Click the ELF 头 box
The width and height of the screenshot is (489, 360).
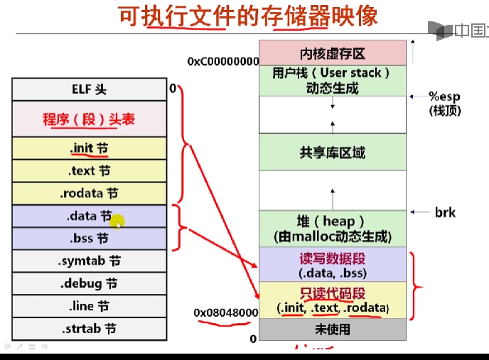click(90, 89)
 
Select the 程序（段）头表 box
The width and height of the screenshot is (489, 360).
click(90, 119)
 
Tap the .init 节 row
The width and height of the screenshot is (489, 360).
click(90, 148)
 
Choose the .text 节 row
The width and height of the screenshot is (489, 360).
click(90, 171)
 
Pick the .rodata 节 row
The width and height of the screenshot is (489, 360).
click(90, 193)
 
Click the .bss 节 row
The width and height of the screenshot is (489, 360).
click(90, 239)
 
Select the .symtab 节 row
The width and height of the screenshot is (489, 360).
click(90, 261)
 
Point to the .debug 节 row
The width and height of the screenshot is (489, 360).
click(90, 284)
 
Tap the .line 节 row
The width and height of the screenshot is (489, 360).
click(90, 307)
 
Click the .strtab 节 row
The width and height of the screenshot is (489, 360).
click(90, 329)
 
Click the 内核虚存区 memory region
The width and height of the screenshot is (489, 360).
click(333, 53)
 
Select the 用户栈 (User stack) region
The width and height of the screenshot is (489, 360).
click(333, 80)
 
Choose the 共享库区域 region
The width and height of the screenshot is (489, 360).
click(333, 153)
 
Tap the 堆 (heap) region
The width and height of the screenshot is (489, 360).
click(333, 229)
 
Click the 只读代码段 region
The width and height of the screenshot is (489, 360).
click(333, 300)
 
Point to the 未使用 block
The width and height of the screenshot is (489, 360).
click(333, 329)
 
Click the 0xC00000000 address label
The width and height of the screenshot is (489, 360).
click(223, 62)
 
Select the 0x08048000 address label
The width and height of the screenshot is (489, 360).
click(225, 312)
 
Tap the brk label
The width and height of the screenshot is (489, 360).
click(445, 212)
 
